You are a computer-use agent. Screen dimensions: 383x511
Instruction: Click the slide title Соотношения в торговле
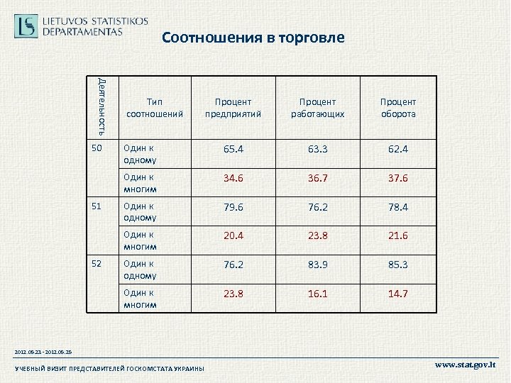point(253,37)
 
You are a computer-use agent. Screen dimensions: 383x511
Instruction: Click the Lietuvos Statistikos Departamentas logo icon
point(26,26)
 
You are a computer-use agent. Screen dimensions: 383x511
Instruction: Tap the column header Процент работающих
point(317,108)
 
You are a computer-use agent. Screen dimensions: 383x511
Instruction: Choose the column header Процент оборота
point(398,108)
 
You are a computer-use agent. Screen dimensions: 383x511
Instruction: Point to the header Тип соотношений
point(154,108)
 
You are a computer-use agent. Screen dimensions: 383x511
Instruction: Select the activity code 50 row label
point(99,148)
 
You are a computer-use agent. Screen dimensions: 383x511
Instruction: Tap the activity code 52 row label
point(99,263)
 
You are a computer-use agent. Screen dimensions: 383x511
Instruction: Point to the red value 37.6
point(398,179)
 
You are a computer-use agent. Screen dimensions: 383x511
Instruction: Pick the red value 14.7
point(398,294)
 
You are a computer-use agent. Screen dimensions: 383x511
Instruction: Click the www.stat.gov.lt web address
point(466,365)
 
